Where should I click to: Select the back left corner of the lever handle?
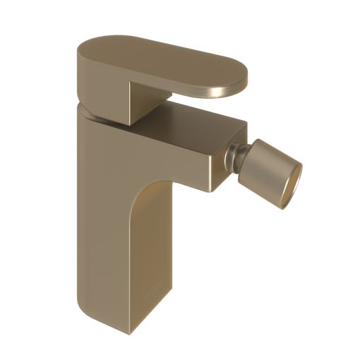[79, 51]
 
